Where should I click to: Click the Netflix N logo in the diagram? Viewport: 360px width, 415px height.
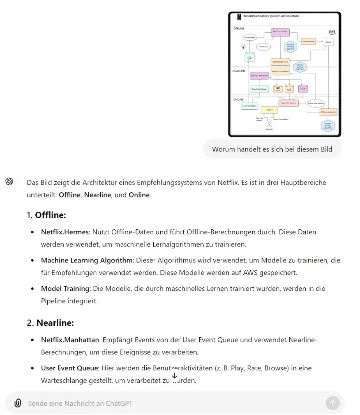pos(239,17)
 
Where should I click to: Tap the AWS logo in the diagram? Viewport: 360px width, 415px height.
pos(332,32)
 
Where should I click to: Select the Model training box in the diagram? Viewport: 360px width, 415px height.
pos(308,42)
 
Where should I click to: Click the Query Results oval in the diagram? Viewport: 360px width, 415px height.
pos(250,38)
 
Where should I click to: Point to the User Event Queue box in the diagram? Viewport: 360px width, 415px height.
pos(259,89)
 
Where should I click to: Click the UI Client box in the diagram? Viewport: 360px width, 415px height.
pos(269,110)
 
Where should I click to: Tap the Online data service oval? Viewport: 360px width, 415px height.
pos(316,104)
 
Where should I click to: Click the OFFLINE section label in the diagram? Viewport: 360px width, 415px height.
pos(239,28)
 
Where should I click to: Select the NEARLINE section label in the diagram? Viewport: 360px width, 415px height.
pos(240,71)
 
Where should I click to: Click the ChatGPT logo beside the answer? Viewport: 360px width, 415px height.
pos(9,182)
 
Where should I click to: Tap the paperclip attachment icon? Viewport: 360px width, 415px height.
pos(18,403)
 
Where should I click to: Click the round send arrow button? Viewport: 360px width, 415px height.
pos(333,403)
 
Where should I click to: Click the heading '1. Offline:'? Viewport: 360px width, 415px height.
pos(46,215)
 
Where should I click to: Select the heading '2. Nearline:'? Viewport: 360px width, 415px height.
pos(50,323)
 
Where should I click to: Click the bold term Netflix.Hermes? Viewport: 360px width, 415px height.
pos(65,232)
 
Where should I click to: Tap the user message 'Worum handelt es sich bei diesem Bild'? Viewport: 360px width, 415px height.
pos(272,149)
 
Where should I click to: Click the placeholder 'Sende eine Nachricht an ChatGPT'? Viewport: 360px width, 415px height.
pos(80,403)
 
